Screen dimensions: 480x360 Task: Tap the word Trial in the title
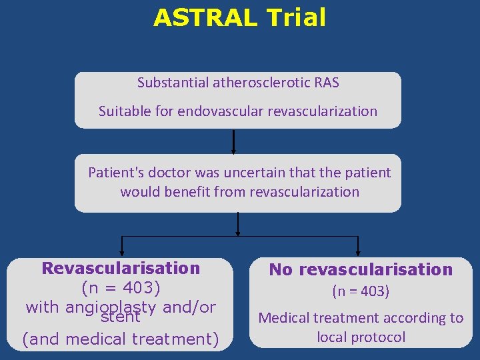tap(295, 18)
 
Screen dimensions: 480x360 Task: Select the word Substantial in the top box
tap(173, 83)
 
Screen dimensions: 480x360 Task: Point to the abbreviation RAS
tap(324, 83)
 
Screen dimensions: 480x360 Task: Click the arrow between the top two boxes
tap(234, 141)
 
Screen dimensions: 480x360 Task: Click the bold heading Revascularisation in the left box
tap(121, 269)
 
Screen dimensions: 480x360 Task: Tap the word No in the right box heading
tap(281, 270)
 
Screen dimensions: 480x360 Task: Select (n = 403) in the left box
tap(121, 288)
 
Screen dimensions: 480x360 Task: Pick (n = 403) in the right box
tap(361, 291)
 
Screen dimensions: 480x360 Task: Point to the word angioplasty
tap(112, 307)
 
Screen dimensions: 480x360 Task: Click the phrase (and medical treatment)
tap(121, 339)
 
